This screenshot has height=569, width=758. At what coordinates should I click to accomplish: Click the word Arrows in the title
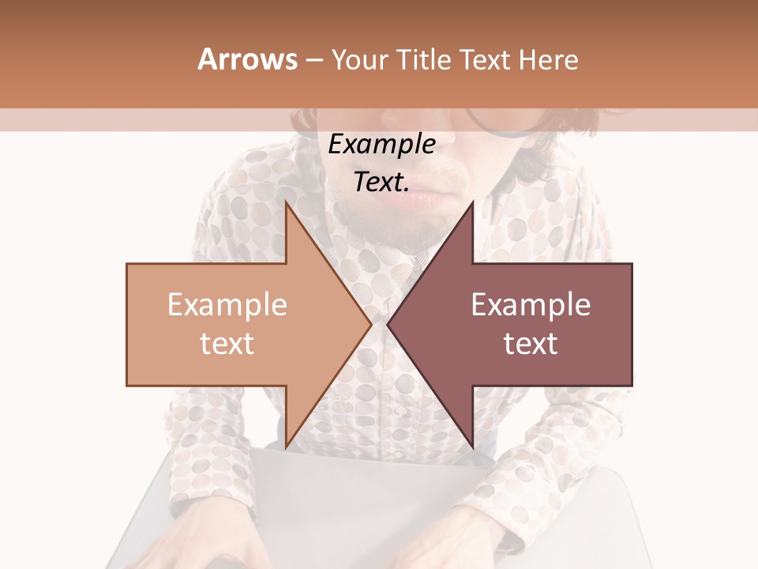248,59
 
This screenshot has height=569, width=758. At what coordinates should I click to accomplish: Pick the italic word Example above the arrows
381,145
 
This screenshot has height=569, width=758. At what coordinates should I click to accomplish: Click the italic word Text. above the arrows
381,182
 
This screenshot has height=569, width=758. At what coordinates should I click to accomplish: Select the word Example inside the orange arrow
227,305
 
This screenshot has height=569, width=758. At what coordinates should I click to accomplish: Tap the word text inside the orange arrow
227,343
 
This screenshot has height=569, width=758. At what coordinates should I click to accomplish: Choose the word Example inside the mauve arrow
531,305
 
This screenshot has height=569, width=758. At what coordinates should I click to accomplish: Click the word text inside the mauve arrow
531,343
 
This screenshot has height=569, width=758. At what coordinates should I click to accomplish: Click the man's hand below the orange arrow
205,545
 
